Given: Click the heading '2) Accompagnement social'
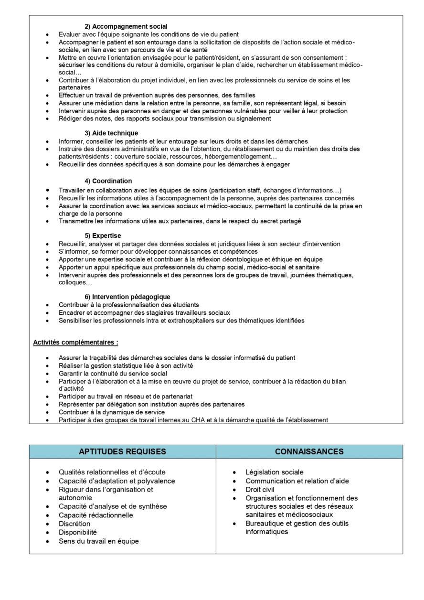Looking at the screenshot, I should click(126, 26).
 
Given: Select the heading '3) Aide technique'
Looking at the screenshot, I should click(111, 133).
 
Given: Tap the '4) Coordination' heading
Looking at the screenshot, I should click(108, 181).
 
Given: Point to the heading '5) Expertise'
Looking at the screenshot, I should click(103, 236).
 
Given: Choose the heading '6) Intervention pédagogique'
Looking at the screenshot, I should click(127, 297).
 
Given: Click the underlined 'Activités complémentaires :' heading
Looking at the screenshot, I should click(75, 343).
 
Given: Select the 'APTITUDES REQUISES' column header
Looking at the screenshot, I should click(122, 451).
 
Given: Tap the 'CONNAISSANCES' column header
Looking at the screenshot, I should click(309, 451).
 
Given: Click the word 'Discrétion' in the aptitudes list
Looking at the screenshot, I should click(74, 524).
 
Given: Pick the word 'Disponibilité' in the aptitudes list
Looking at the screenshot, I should click(78, 532).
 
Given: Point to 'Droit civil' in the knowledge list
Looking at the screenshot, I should click(260, 490).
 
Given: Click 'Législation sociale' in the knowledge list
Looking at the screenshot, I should click(275, 472).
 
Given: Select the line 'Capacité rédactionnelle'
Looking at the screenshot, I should click(96, 515).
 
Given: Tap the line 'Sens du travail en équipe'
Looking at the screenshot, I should click(99, 541).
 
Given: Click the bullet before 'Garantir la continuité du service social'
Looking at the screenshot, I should click(47, 374).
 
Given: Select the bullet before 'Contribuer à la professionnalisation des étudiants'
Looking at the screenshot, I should click(47, 305).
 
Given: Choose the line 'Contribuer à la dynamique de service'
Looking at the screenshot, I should click(112, 412).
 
